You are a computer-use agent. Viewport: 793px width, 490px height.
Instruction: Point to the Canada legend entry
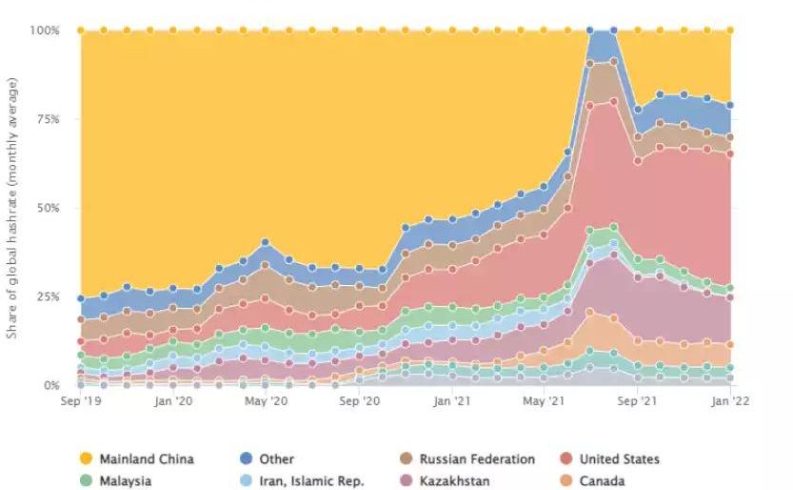[x=597, y=480]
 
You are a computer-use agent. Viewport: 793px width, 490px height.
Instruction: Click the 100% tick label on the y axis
[x=44, y=31]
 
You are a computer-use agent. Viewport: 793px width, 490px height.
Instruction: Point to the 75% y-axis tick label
[x=47, y=119]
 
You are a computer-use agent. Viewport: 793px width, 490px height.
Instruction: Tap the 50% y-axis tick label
[x=47, y=208]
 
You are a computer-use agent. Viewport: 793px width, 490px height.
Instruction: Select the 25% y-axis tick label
[x=47, y=296]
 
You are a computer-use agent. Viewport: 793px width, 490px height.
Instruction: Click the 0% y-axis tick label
[x=50, y=385]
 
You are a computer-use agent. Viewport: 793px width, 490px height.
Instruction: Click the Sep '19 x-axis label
[x=81, y=402]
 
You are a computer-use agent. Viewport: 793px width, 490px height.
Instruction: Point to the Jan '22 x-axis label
[x=728, y=402]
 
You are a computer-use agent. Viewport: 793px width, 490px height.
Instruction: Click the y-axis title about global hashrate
[x=12, y=208]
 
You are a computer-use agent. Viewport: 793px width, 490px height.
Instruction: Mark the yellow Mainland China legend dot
[x=85, y=459]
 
